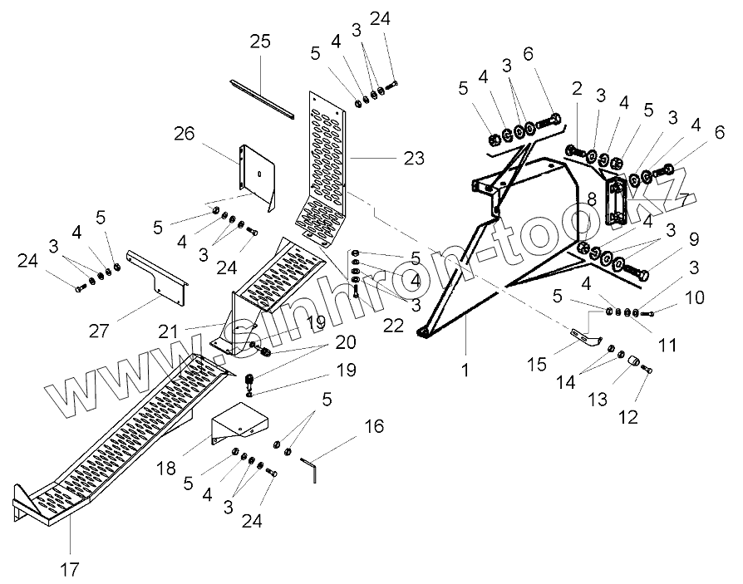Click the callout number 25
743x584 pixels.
(x=259, y=42)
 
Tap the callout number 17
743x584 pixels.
(x=70, y=570)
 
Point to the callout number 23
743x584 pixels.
(x=413, y=157)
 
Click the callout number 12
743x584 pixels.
(x=628, y=415)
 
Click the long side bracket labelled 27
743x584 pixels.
(x=158, y=271)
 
